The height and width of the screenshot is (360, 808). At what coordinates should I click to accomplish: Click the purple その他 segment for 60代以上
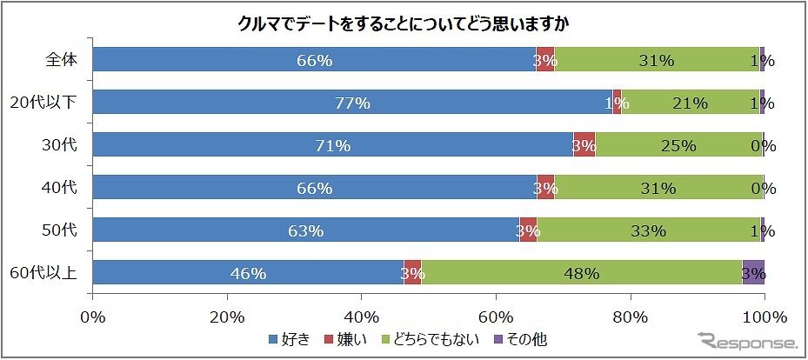click(753, 273)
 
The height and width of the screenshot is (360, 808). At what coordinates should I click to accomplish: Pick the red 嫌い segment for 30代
click(584, 145)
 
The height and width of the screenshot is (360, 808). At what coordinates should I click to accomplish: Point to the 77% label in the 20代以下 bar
click(352, 103)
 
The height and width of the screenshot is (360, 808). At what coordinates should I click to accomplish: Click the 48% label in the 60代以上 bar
click(581, 273)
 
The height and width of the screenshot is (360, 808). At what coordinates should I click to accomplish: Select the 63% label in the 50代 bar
click(305, 230)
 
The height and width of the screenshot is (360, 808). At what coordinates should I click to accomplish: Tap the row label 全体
click(62, 60)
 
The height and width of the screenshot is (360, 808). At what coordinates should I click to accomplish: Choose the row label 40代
click(61, 188)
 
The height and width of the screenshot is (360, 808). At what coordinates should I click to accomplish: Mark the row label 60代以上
click(43, 273)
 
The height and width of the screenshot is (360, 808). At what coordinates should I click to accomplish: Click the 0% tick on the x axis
click(92, 316)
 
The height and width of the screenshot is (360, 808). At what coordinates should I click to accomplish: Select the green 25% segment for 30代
click(678, 145)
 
